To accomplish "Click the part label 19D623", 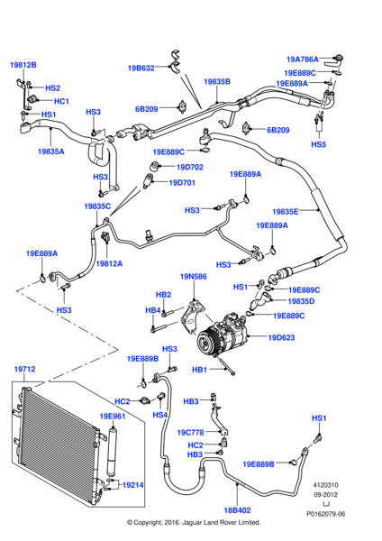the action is (x=281, y=337).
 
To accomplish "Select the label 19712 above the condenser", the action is (x=25, y=369).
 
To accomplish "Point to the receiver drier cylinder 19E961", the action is (x=113, y=453).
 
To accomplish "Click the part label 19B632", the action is (x=141, y=68).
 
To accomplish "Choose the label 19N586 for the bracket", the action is (x=194, y=277).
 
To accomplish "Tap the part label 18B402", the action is (x=237, y=510).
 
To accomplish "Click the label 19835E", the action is (x=286, y=212).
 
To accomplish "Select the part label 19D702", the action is (x=190, y=168).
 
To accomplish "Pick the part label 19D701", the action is (x=182, y=182).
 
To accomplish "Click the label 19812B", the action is (x=23, y=65).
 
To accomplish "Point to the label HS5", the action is (x=319, y=144).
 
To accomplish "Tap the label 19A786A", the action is (x=303, y=60).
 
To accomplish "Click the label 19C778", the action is (x=191, y=432).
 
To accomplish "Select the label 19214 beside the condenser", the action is (x=133, y=485).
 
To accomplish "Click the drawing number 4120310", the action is (x=326, y=485).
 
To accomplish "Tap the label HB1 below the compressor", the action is (x=200, y=370).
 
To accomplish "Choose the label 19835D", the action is (x=301, y=301).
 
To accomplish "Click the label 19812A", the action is (x=109, y=263).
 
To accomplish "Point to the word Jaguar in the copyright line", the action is (x=193, y=522).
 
